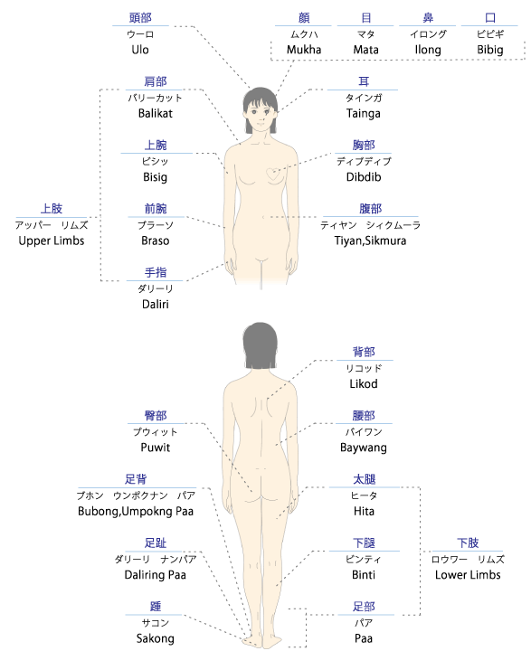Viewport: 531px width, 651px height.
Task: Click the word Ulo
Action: [x=140, y=50]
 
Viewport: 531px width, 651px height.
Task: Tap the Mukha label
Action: [x=304, y=50]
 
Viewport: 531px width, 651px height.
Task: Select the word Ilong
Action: [x=428, y=51]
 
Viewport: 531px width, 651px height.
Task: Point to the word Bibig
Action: [x=490, y=51]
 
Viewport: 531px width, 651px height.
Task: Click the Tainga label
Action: [x=364, y=114]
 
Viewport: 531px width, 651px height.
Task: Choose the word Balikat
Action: [x=155, y=113]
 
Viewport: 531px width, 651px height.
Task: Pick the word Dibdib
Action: [x=364, y=177]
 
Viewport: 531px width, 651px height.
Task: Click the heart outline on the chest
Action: [x=272, y=175]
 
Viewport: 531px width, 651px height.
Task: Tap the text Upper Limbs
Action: [x=52, y=241]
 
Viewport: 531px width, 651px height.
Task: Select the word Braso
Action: [x=155, y=241]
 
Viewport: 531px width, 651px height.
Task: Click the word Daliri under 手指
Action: [x=155, y=305]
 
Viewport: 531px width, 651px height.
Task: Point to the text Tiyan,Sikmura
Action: [x=370, y=241]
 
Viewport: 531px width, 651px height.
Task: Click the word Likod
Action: [x=364, y=383]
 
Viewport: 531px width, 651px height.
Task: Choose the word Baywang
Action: [x=364, y=448]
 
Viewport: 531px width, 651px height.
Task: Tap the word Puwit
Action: [x=155, y=448]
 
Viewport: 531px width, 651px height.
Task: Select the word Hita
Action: [x=364, y=511]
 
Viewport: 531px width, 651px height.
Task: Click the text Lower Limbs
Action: [x=468, y=575]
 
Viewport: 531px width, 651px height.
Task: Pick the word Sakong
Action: [x=155, y=639]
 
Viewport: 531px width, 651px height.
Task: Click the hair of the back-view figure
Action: [x=261, y=344]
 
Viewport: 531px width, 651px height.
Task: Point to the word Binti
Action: [x=364, y=575]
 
